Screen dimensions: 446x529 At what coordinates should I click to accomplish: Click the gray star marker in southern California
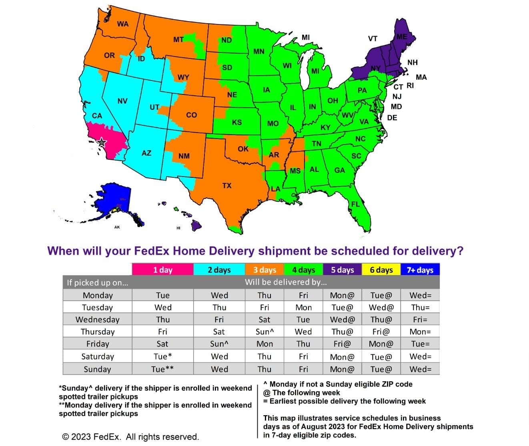[102, 142]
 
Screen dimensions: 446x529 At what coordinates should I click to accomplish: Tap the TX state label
[227, 186]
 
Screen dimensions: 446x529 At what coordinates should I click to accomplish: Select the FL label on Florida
[355, 204]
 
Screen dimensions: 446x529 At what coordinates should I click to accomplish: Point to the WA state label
[123, 24]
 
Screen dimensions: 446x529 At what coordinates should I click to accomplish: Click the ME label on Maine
[402, 37]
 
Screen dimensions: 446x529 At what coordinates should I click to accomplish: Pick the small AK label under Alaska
[117, 227]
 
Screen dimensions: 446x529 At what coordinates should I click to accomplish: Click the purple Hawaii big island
[196, 225]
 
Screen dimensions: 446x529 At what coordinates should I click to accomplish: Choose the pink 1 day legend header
[162, 269]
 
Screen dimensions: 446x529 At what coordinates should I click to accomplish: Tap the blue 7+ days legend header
[420, 269]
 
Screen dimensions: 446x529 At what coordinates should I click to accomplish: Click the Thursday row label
[98, 331]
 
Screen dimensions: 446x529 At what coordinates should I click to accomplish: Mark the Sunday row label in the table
[97, 369]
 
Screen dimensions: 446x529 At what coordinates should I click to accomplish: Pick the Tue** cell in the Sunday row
[162, 369]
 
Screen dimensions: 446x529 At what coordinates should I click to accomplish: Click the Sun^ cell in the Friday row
[219, 344]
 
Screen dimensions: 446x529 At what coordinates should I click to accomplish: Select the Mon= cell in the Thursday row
[420, 331]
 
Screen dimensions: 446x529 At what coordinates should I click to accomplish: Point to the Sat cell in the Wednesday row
[264, 319]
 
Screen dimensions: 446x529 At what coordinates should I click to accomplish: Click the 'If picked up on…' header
[98, 282]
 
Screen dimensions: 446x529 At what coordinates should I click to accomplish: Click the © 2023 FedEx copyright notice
[130, 437]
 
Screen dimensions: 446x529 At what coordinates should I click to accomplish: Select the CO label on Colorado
[192, 115]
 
